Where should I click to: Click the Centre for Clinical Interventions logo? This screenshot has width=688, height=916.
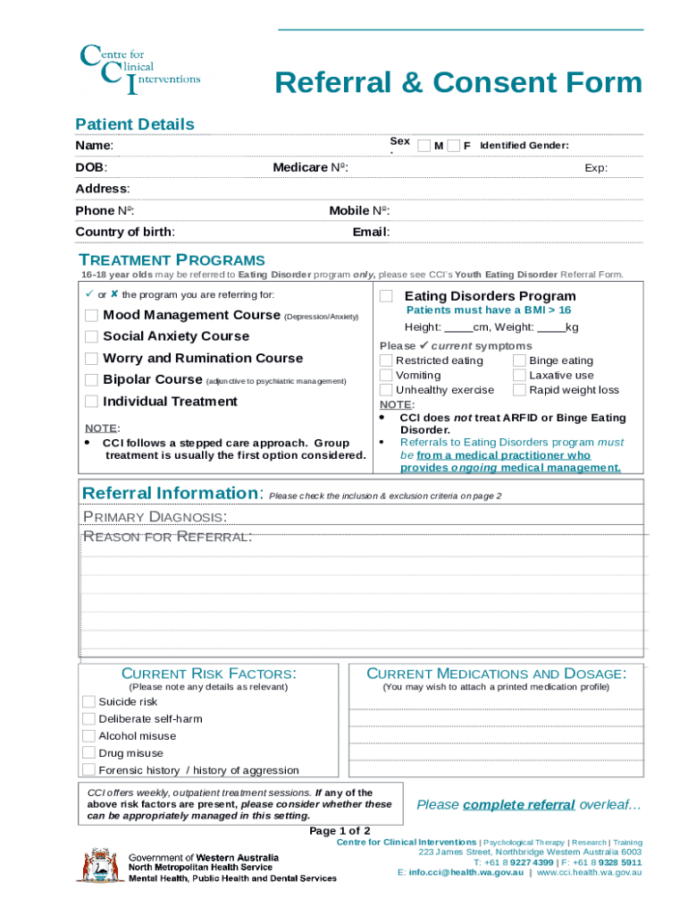(139, 70)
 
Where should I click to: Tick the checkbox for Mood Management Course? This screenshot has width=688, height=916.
(91, 315)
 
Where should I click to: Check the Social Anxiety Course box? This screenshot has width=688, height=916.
(91, 336)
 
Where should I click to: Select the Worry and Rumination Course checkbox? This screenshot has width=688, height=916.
(91, 358)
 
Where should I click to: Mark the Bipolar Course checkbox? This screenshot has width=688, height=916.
(91, 379)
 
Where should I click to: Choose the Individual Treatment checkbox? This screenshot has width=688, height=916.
(91, 402)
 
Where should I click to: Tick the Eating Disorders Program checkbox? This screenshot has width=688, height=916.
(386, 296)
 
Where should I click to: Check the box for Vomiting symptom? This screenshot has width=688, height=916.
(386, 376)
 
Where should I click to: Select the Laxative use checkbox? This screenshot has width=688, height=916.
(519, 376)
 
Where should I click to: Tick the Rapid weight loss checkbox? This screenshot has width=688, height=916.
(519, 390)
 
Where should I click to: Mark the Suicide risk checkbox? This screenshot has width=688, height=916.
(88, 701)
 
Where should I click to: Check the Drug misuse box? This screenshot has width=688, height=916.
(88, 753)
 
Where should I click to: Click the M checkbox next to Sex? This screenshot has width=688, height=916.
(424, 146)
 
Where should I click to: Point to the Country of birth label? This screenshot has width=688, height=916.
(125, 232)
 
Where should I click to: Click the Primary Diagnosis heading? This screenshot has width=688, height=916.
(154, 516)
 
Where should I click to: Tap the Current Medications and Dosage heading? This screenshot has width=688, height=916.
(496, 674)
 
